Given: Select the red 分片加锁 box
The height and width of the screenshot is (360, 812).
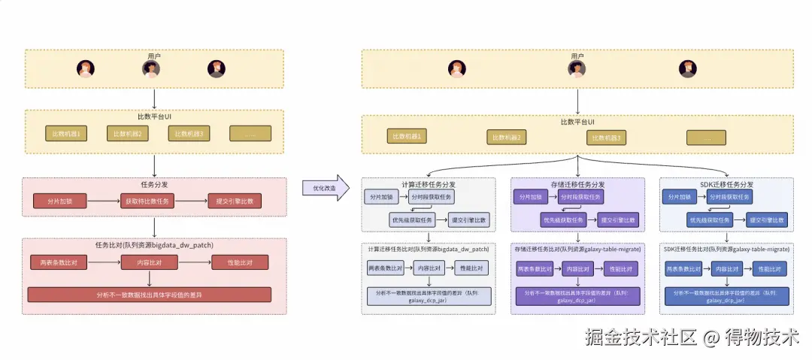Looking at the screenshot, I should pos(59,201).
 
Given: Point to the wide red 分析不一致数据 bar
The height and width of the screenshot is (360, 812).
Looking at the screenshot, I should pos(149,294).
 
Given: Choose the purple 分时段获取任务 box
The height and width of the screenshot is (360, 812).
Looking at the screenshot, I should pos(579,197).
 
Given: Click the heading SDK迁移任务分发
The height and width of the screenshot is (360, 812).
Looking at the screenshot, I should pos(726,184).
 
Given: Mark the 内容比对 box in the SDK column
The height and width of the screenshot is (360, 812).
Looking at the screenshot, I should pos(726,268).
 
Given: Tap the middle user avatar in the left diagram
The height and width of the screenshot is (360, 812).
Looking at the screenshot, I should pos(152,69).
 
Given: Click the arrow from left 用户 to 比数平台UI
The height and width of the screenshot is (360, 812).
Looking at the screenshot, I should pos(154,98).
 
